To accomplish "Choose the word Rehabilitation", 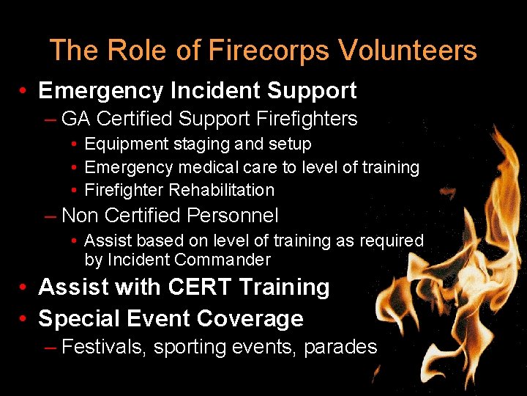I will [x=222, y=190].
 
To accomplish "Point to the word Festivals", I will [x=105, y=347].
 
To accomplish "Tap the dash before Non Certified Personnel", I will [x=51, y=216].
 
